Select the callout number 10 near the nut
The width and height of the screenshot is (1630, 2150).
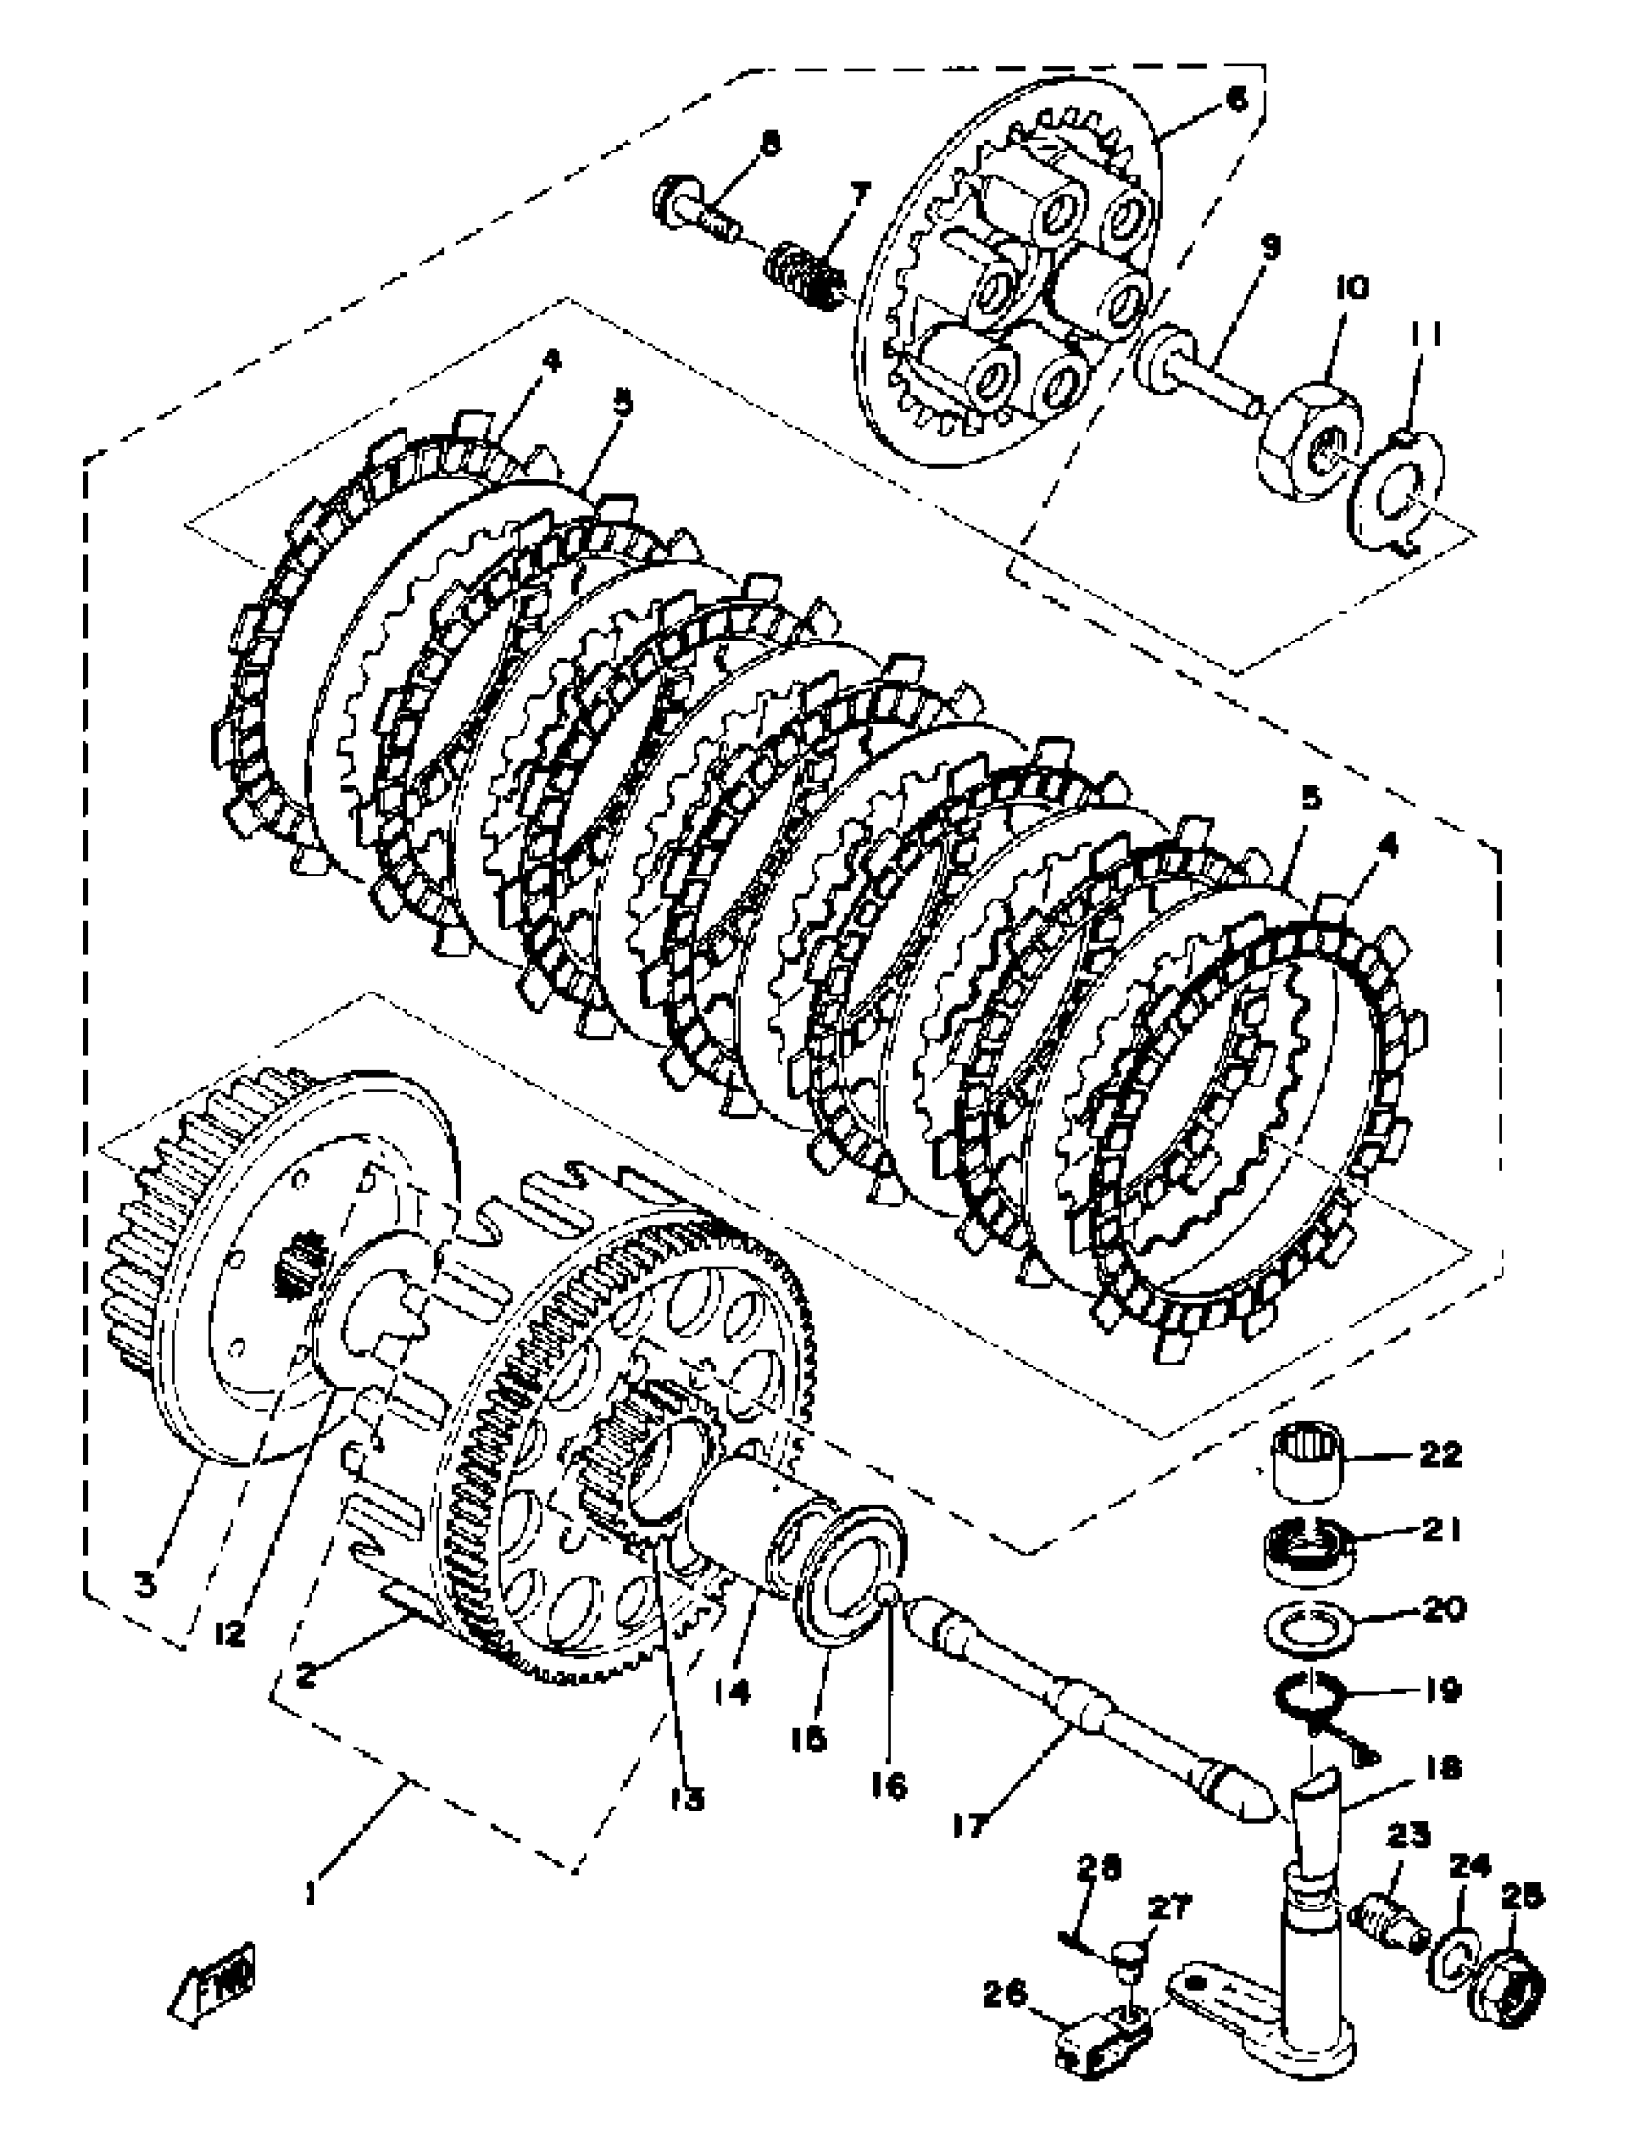click(x=1350, y=288)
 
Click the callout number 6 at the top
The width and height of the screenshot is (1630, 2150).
click(x=1235, y=102)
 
